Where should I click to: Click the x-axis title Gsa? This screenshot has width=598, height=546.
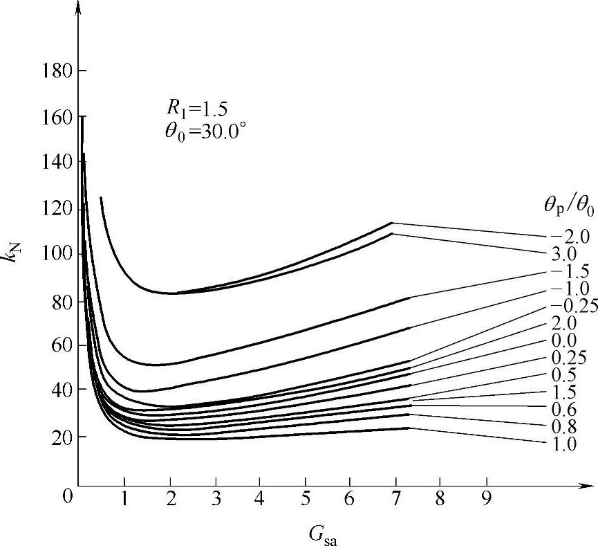324,534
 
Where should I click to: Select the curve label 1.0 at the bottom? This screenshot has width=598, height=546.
566,444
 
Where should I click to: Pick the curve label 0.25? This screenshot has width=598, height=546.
569,358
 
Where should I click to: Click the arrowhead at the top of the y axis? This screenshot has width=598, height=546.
78,6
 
